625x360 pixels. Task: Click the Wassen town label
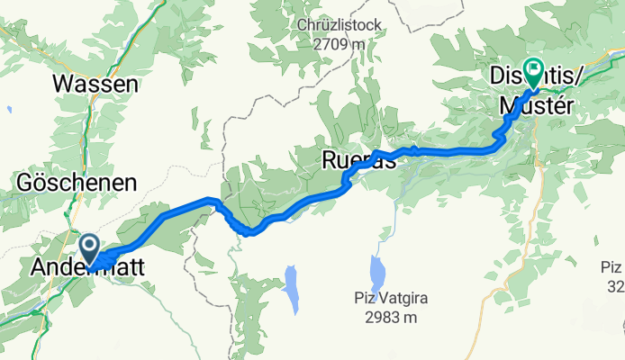tap(95, 85)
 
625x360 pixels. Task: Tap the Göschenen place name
tap(77, 183)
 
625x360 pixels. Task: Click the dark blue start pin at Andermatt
tap(90, 246)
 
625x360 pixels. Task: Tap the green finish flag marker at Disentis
tap(534, 68)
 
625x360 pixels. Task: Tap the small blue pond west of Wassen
tap(9, 110)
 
